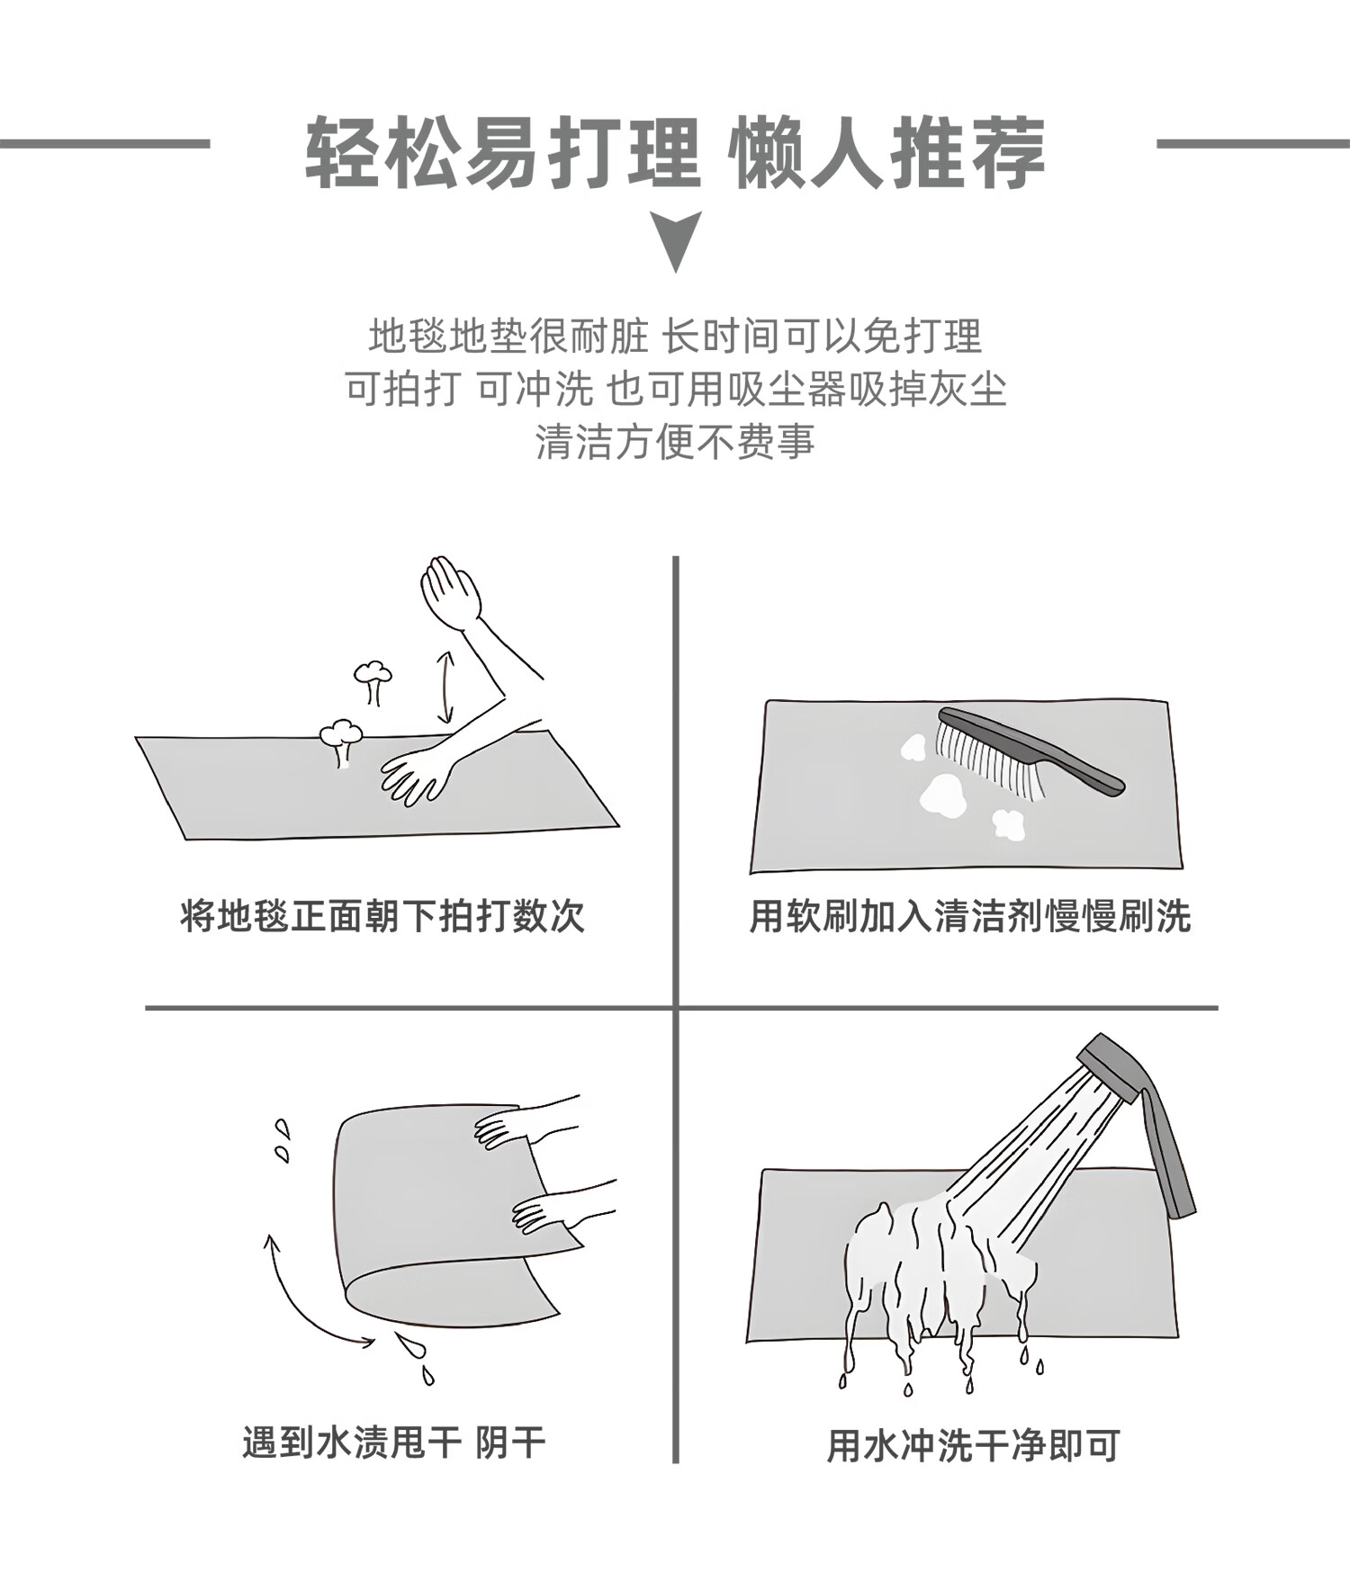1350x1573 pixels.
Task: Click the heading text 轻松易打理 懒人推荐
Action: click(x=675, y=153)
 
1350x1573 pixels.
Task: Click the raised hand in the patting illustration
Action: click(x=450, y=592)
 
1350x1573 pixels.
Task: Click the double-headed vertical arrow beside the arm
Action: click(x=445, y=688)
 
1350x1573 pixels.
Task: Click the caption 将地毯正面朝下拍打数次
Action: click(x=382, y=917)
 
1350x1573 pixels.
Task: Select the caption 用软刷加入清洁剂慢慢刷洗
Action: click(x=970, y=917)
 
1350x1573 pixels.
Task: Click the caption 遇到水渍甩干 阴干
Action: click(x=394, y=1443)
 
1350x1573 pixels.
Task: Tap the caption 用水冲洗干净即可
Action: click(x=973, y=1446)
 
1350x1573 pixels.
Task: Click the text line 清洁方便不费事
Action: click(x=675, y=442)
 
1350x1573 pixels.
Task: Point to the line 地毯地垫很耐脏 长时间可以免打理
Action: click(x=675, y=337)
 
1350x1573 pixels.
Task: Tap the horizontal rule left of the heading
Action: click(x=104, y=143)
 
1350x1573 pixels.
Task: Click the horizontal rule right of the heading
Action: click(x=1253, y=143)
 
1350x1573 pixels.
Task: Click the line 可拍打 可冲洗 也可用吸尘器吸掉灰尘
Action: click(x=675, y=389)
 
